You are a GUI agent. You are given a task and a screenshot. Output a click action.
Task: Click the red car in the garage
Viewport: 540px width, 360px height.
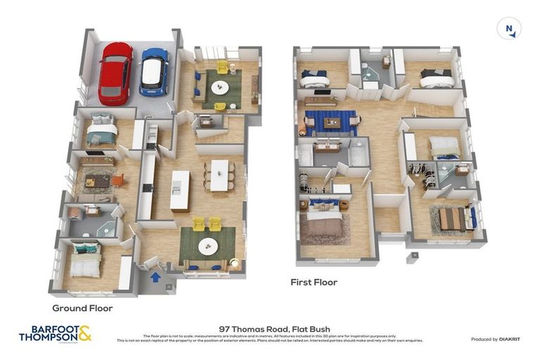click(115, 72)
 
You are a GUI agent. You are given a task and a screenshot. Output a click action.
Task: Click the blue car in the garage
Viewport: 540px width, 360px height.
click(154, 72)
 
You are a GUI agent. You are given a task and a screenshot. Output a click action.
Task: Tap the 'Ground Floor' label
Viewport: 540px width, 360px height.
click(82, 308)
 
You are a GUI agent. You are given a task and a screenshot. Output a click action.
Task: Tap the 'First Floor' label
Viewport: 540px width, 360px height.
click(314, 282)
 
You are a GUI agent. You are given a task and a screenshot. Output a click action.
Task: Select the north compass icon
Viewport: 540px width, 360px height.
click(508, 29)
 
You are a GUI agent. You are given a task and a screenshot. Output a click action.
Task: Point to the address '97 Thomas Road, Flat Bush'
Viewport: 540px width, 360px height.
click(270, 328)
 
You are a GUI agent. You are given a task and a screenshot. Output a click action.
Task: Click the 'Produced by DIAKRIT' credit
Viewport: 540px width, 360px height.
click(495, 340)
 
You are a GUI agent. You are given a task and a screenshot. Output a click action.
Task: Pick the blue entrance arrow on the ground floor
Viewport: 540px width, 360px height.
click(155, 276)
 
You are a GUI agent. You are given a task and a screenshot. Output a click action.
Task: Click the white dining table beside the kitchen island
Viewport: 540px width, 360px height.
click(219, 174)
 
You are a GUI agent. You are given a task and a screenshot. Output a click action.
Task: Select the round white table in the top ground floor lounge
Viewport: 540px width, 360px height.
click(221, 88)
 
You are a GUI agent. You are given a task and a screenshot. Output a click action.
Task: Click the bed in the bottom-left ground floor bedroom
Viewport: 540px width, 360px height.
click(85, 262)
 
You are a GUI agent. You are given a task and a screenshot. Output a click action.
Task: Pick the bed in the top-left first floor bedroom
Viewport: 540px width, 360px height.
click(314, 77)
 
